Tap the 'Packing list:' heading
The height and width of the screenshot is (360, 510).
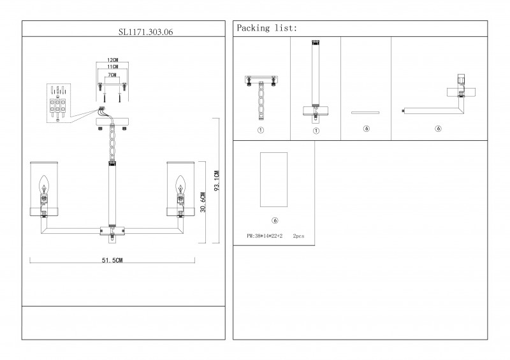coord(266,29)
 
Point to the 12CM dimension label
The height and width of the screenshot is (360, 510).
coord(113,59)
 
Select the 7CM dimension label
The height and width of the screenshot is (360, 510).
coord(112,75)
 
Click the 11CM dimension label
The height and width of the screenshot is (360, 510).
coord(113,66)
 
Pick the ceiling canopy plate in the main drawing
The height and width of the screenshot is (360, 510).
coord(112,122)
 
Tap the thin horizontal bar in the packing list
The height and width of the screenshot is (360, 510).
coord(365,113)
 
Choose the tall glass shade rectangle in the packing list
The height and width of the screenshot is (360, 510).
coord(274,180)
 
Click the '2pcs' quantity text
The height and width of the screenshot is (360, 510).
coord(298,236)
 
